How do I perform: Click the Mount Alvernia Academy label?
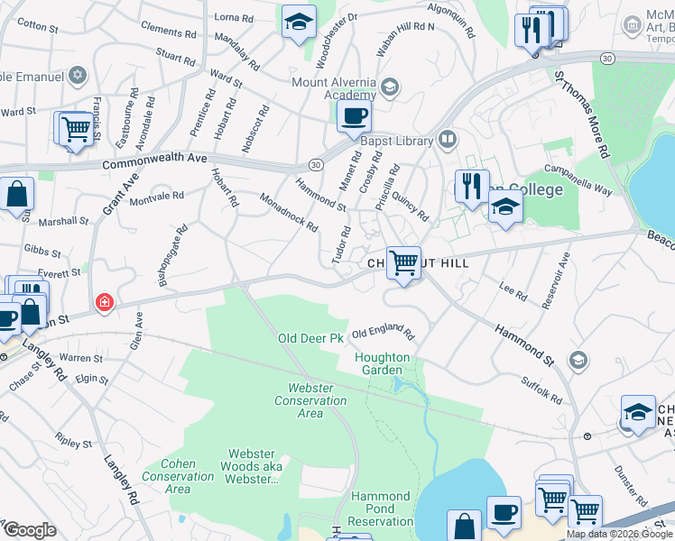(333, 88)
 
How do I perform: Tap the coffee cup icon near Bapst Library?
(354, 116)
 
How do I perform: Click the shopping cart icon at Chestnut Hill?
(403, 262)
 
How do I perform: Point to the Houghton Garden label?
(386, 363)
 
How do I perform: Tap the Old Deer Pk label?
(310, 338)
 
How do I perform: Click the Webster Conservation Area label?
(298, 400)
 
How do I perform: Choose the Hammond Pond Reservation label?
(381, 509)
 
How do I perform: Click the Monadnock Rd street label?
(289, 213)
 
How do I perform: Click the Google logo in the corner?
(29, 530)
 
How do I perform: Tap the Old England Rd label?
(383, 333)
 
